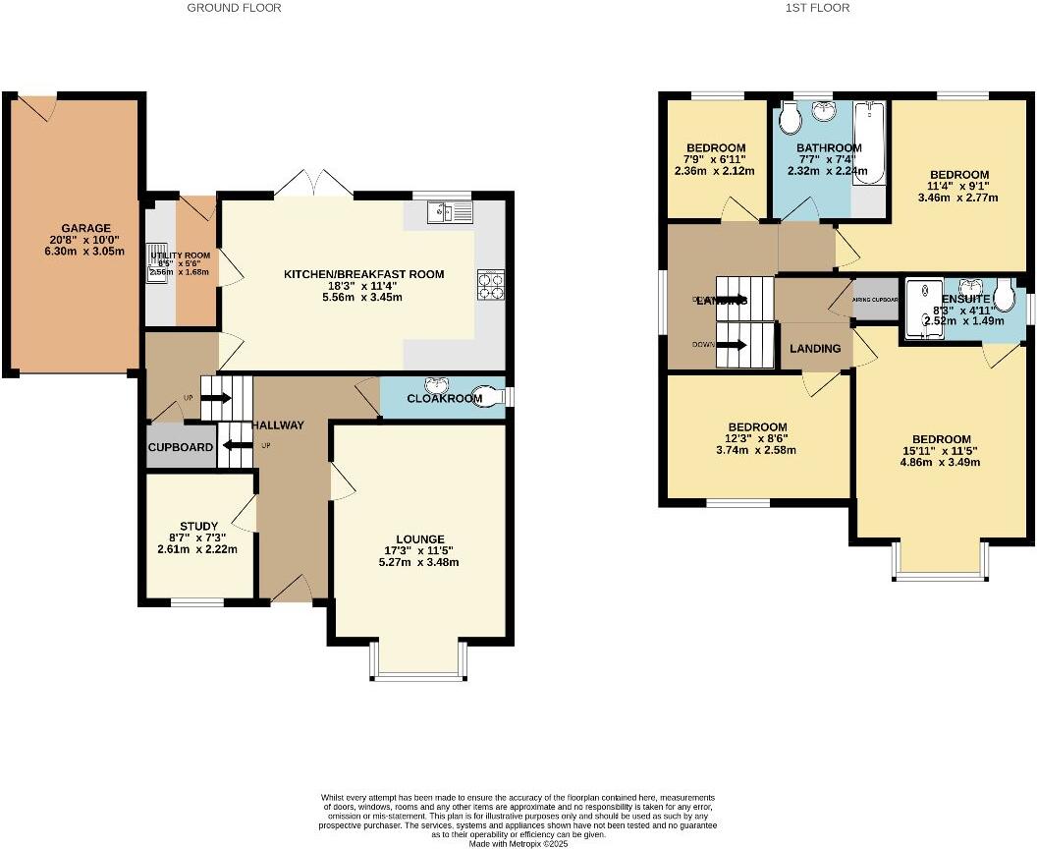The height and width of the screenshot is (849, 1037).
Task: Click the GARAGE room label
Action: [87, 228]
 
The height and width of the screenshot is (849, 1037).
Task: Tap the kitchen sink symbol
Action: [451, 210]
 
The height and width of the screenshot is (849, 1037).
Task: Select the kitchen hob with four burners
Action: [490, 284]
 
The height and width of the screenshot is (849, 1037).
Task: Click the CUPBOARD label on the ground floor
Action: [181, 447]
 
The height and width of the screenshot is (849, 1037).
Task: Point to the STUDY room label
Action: [198, 526]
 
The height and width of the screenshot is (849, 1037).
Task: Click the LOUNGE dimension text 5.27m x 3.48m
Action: [420, 562]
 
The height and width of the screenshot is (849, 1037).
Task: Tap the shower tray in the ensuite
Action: [921, 308]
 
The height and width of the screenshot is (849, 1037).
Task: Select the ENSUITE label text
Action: [965, 299]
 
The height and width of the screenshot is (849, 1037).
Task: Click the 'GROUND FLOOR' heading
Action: [234, 8]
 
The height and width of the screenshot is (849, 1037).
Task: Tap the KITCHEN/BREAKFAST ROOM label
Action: [364, 274]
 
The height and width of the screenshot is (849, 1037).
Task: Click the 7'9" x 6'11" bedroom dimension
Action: [715, 159]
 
